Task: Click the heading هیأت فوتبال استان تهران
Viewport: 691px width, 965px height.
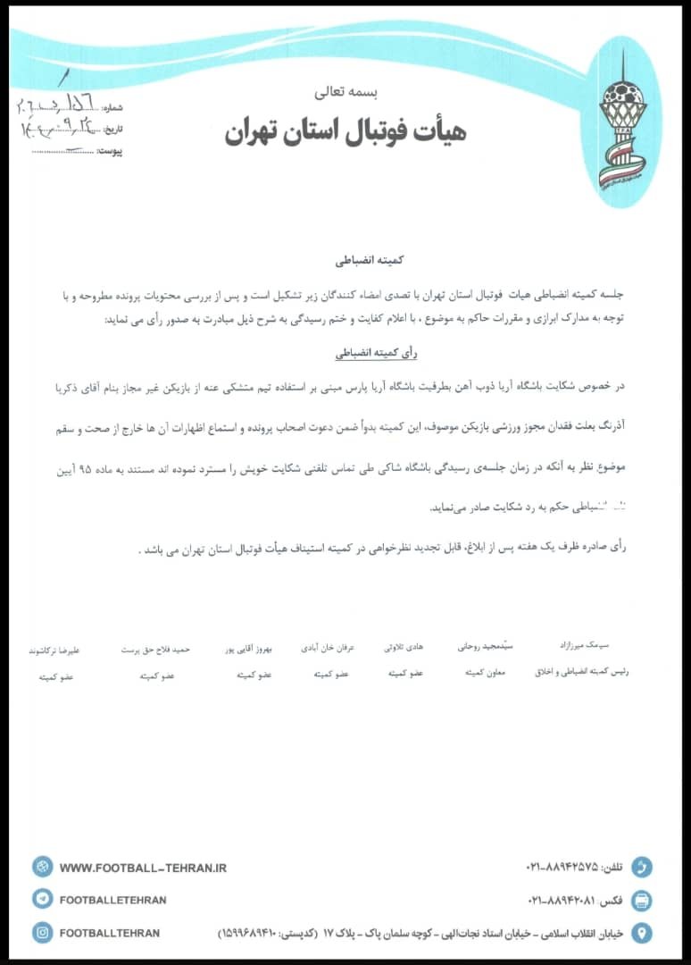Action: pos(345,132)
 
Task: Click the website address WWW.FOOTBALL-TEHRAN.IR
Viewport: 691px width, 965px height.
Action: pos(143,868)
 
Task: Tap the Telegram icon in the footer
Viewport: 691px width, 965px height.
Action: pos(42,900)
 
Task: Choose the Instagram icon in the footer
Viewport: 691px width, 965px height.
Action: pos(42,933)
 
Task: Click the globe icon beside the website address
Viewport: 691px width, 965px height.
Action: pos(42,867)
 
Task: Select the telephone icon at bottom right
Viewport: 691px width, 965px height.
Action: pos(641,868)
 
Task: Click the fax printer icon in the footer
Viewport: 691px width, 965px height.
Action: pos(641,900)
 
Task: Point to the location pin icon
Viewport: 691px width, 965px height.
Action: pos(641,933)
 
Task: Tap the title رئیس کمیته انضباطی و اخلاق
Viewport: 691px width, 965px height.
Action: pos(581,671)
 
